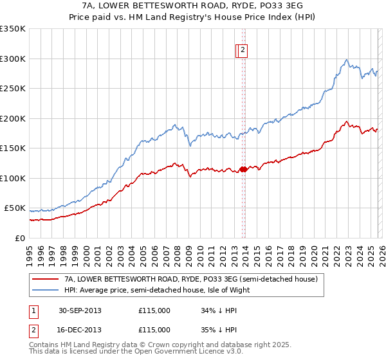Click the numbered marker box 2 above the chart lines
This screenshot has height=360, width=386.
[244, 50]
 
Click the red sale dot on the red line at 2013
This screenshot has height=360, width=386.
[243, 170]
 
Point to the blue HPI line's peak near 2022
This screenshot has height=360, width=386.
[346, 60]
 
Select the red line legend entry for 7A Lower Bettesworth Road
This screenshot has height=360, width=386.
[191, 280]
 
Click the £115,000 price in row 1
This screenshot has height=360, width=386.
[154, 310]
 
